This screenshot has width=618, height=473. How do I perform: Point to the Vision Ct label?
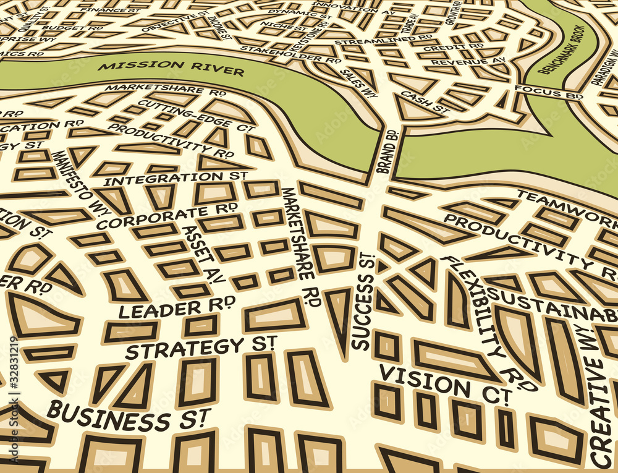click(444, 384)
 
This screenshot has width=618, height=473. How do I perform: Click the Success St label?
click(364, 302)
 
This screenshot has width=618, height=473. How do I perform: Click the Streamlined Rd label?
click(383, 41)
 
